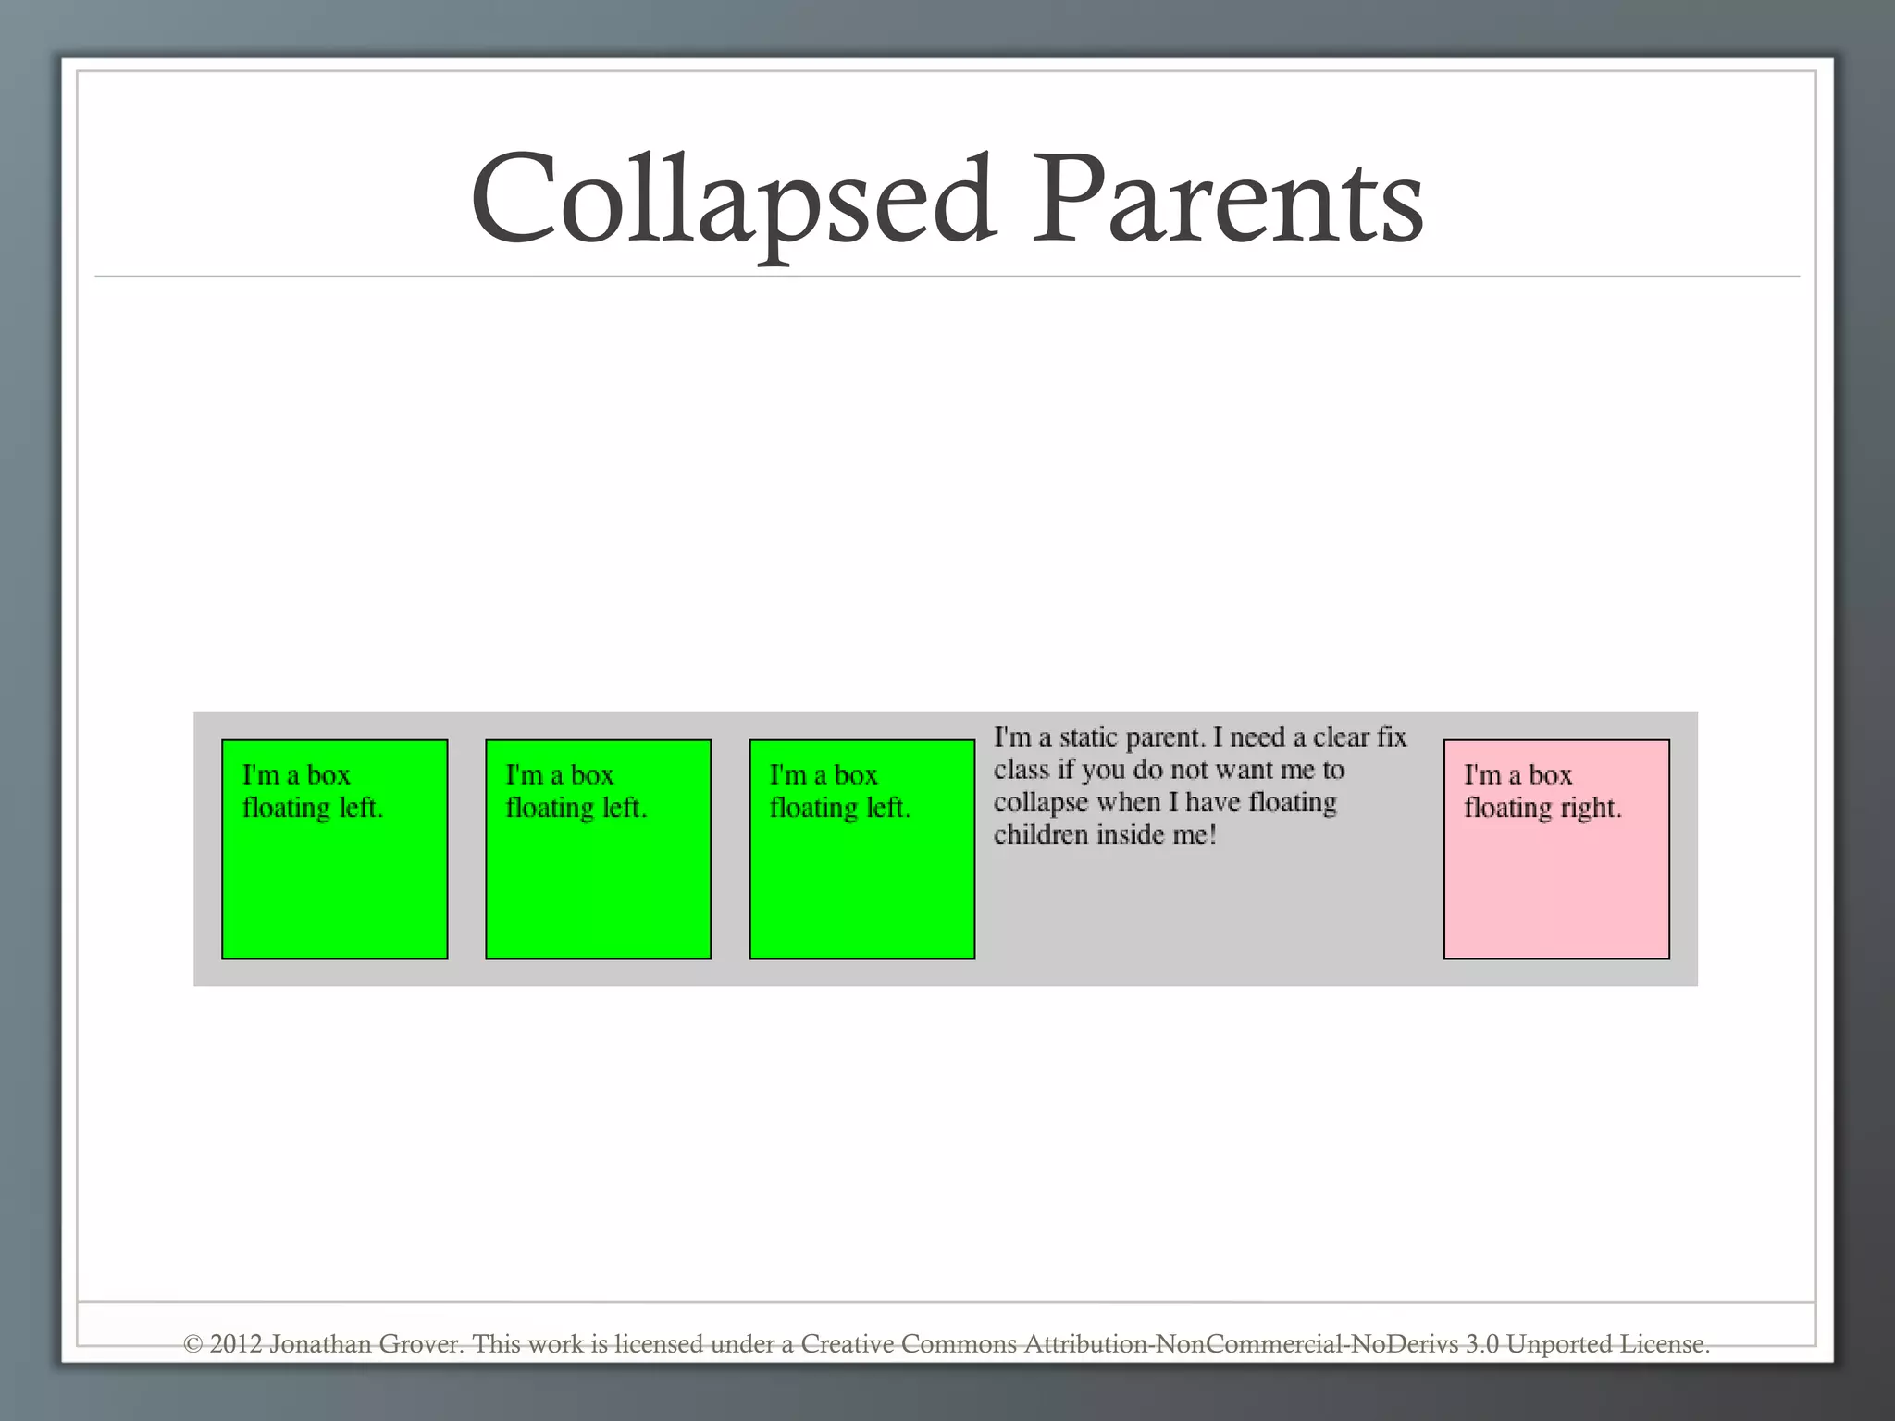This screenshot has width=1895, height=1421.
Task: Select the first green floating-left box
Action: click(x=334, y=848)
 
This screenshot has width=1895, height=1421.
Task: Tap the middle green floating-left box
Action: click(x=598, y=848)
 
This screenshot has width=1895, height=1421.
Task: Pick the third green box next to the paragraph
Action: click(x=861, y=848)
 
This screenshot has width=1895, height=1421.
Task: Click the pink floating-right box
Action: click(x=1556, y=848)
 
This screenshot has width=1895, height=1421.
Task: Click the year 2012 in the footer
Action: click(x=236, y=1343)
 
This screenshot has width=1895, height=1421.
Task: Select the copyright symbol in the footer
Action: click(x=192, y=1343)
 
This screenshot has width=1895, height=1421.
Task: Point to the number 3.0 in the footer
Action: click(x=1481, y=1343)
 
